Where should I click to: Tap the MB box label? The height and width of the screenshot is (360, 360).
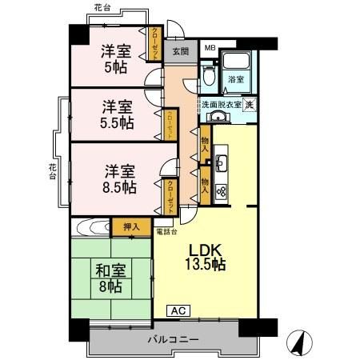[x=209, y=48]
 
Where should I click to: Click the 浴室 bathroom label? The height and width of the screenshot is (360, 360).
[x=234, y=79]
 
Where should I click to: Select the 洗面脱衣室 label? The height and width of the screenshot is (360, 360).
[x=220, y=105]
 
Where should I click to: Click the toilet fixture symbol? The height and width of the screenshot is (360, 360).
[x=209, y=77]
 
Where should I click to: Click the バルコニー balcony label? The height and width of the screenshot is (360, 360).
[x=173, y=340]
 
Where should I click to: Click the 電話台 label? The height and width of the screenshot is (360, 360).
[x=166, y=231]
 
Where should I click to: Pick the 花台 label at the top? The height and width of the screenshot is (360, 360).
[x=102, y=7]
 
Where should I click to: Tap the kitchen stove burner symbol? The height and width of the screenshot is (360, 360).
[x=222, y=190]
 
